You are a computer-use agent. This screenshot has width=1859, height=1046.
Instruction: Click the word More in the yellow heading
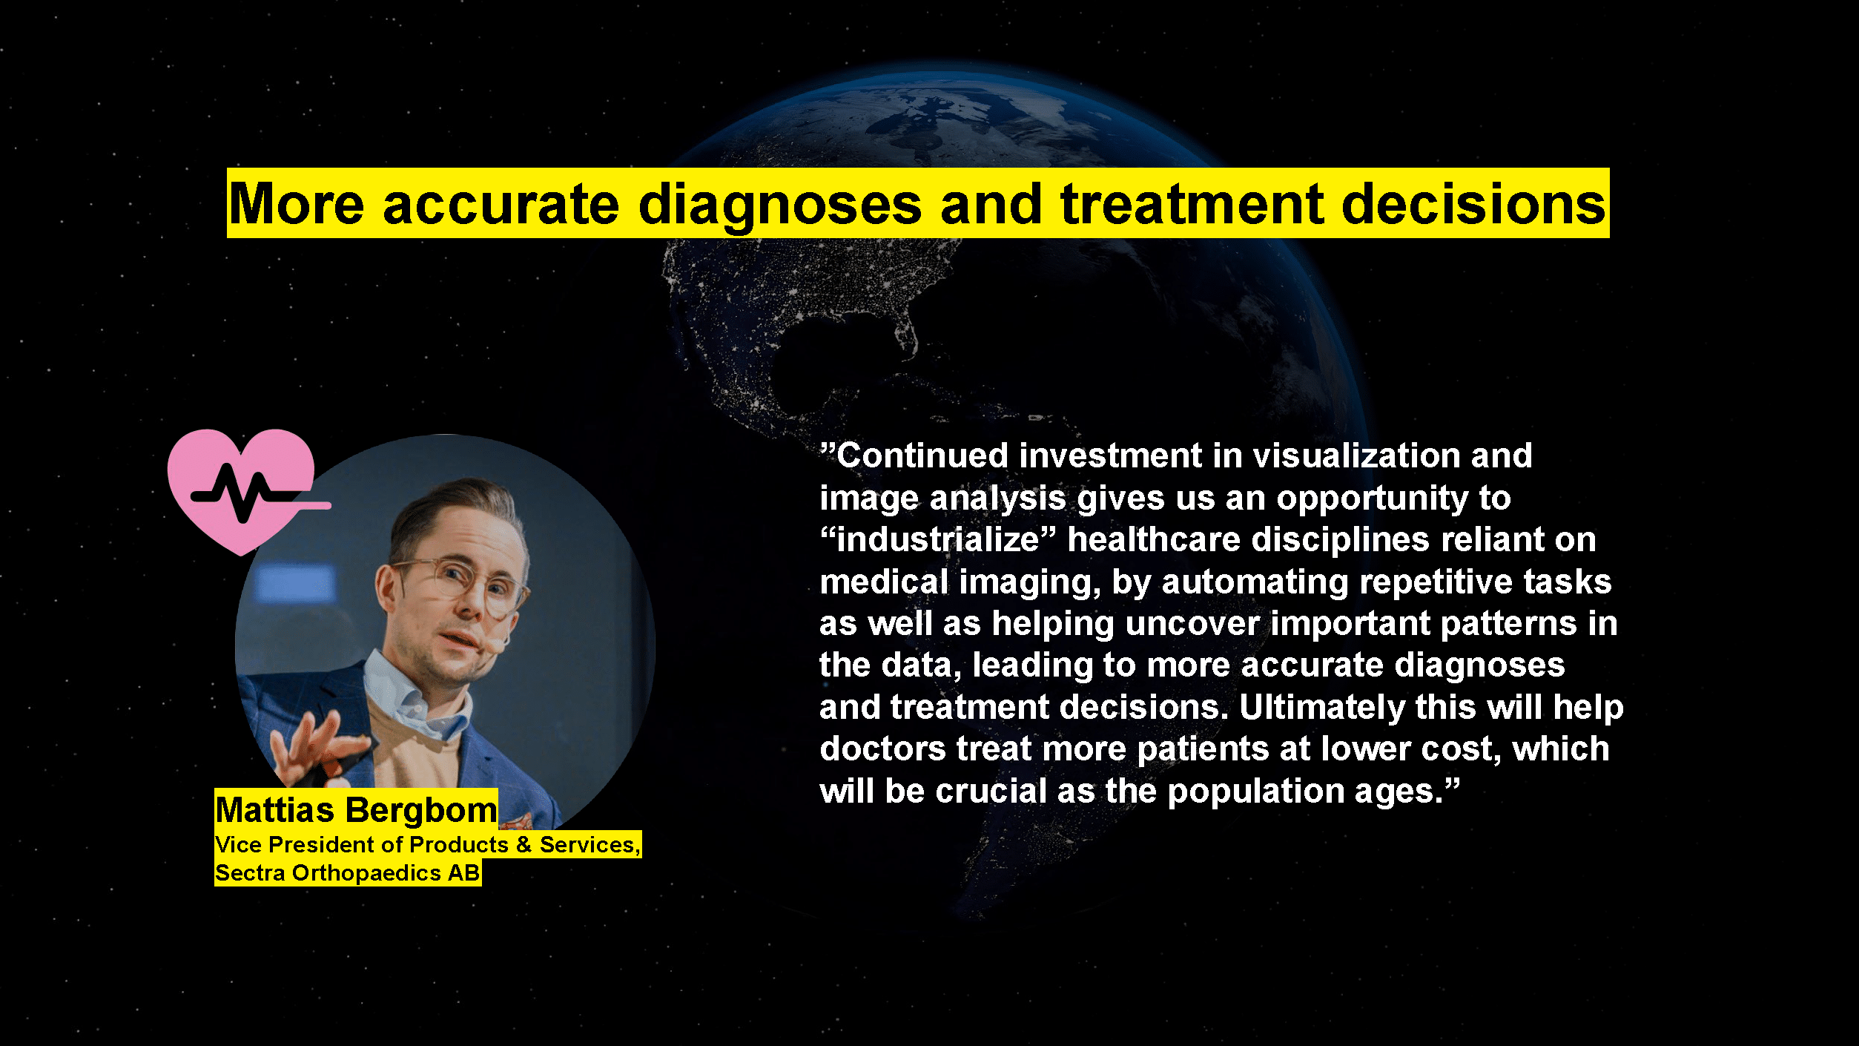pos(297,204)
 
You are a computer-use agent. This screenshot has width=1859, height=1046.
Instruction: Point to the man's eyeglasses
pos(463,582)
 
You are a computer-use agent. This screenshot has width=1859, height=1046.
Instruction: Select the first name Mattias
pos(274,810)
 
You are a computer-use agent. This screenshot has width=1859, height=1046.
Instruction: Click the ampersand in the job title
pos(524,844)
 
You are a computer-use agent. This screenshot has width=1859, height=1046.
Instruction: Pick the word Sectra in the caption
pos(250,873)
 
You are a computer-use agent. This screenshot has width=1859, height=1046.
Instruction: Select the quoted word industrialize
pos(938,539)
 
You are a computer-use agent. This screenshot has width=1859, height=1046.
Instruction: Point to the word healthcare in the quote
pos(1154,539)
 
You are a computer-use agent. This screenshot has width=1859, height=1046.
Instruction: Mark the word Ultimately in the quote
pos(1322,708)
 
